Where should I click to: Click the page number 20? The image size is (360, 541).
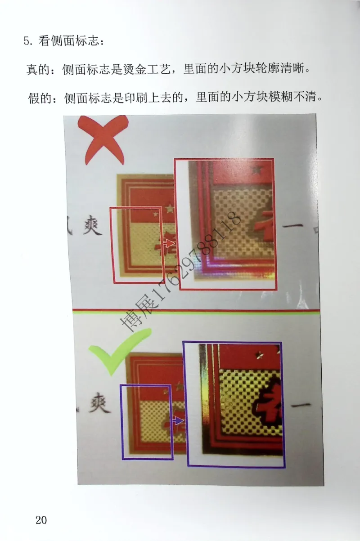[41, 520]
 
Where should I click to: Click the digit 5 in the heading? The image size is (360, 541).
[27, 42]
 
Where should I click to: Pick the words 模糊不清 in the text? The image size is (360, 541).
[294, 97]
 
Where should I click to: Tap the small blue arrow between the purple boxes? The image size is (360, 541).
[179, 421]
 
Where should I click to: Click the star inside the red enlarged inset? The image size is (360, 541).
[257, 170]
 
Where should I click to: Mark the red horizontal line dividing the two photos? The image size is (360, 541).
[196, 310]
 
